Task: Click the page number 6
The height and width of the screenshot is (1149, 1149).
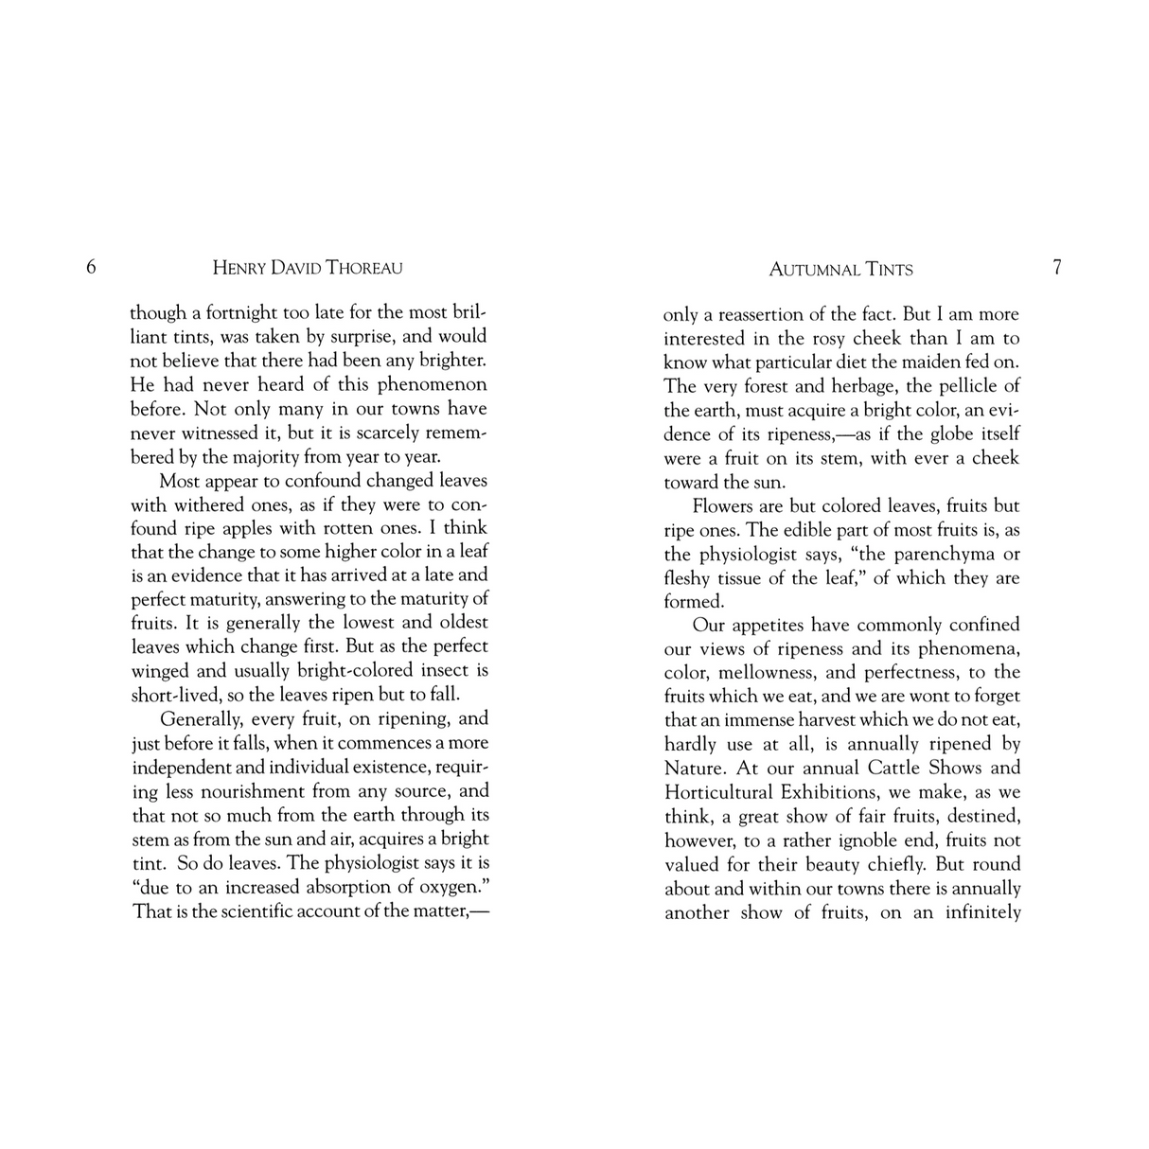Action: [x=91, y=267]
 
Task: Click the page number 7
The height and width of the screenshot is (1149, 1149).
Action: [x=1057, y=267]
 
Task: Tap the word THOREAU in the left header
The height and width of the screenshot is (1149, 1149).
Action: [x=364, y=268]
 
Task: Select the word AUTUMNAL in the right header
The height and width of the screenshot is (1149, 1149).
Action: [x=814, y=270]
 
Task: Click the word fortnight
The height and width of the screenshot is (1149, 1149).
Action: [x=237, y=312]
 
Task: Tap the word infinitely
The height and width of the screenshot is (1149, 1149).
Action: [x=982, y=912]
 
